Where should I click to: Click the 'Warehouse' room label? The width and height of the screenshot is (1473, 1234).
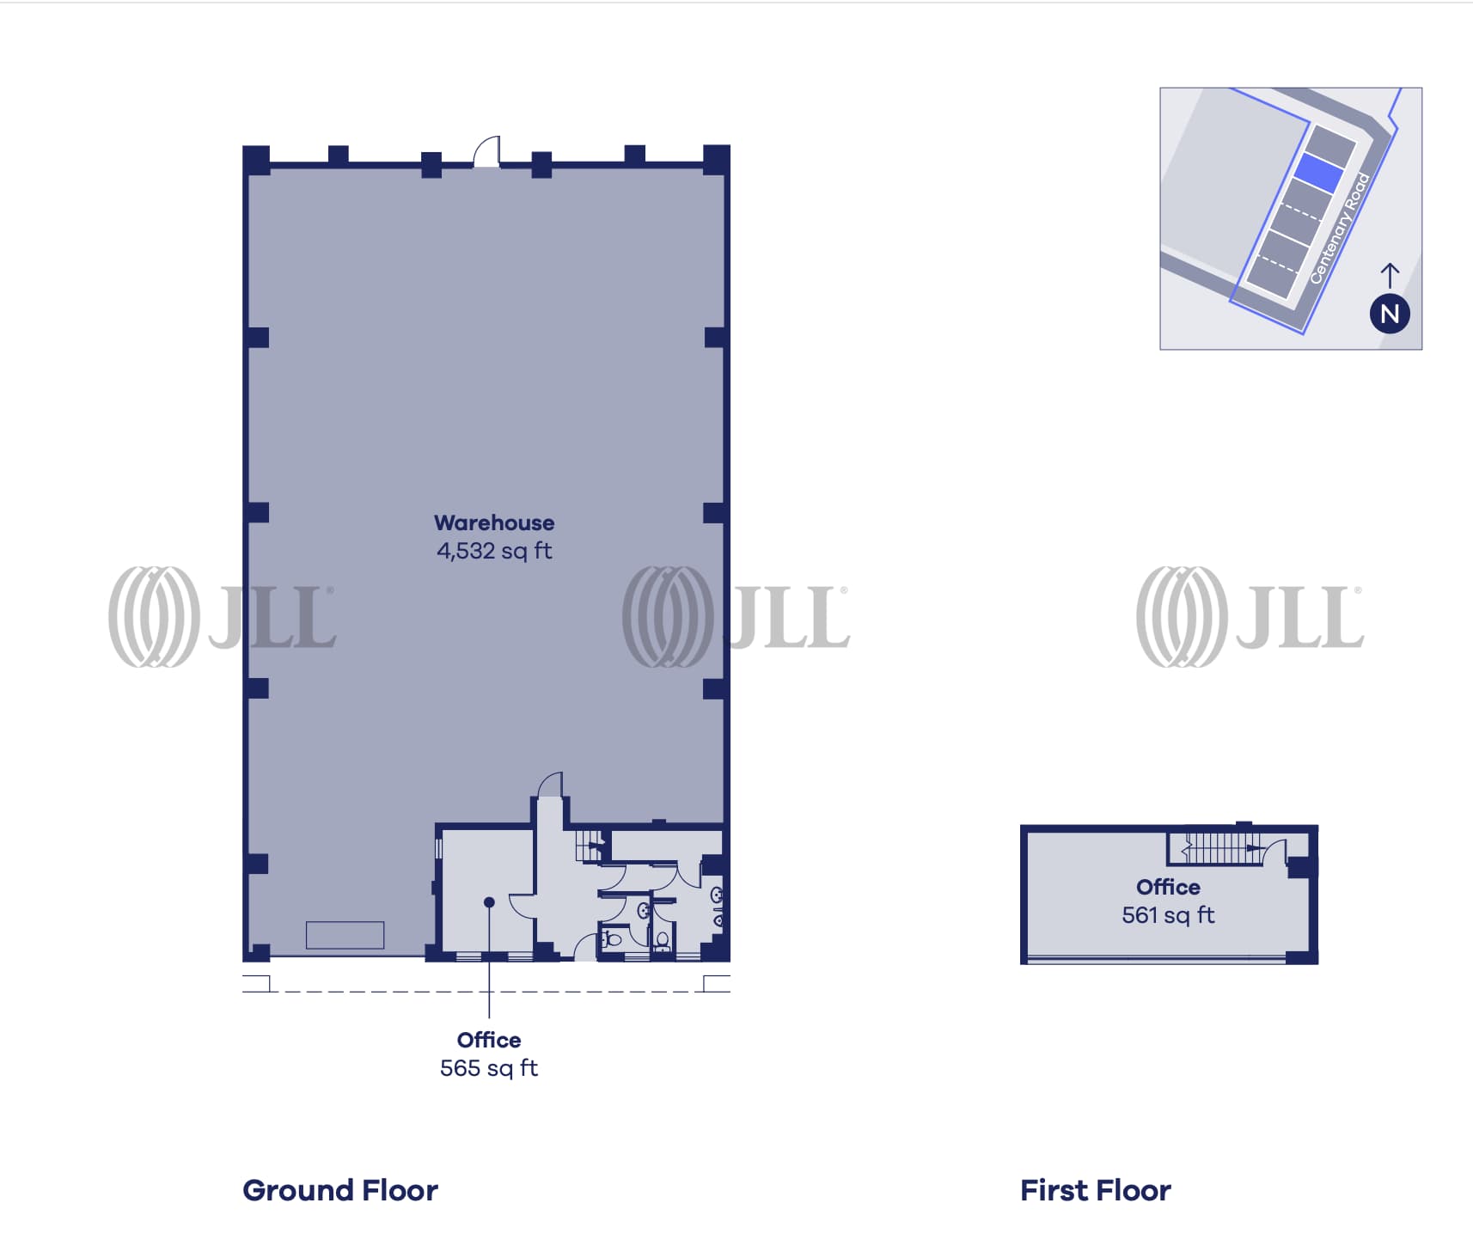click(x=494, y=522)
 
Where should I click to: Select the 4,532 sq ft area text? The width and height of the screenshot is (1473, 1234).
click(x=494, y=551)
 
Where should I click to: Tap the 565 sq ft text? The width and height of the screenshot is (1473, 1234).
click(x=489, y=1068)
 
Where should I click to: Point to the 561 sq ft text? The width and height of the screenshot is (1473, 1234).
click(x=1168, y=915)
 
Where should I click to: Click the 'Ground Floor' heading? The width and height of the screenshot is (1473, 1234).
click(x=340, y=1190)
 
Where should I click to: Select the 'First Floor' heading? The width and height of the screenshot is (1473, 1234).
click(x=1096, y=1190)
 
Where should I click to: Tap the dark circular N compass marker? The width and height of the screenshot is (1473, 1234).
click(x=1390, y=314)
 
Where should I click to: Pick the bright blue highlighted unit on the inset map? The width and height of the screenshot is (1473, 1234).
click(x=1318, y=172)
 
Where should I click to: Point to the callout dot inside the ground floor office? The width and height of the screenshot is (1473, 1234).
click(x=489, y=902)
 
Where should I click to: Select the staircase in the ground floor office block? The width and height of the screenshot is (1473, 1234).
click(x=591, y=845)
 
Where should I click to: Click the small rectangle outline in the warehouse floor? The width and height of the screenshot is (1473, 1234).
click(x=345, y=935)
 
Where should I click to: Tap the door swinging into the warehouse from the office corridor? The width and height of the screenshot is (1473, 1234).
click(x=550, y=785)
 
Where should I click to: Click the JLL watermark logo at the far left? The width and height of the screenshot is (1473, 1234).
click(x=222, y=616)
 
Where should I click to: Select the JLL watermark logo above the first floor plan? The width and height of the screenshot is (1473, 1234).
click(x=1250, y=616)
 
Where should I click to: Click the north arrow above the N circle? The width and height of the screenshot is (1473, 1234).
click(x=1390, y=275)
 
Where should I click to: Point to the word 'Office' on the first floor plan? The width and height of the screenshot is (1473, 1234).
click(x=1168, y=887)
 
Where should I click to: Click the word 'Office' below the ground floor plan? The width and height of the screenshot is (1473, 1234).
click(x=489, y=1040)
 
